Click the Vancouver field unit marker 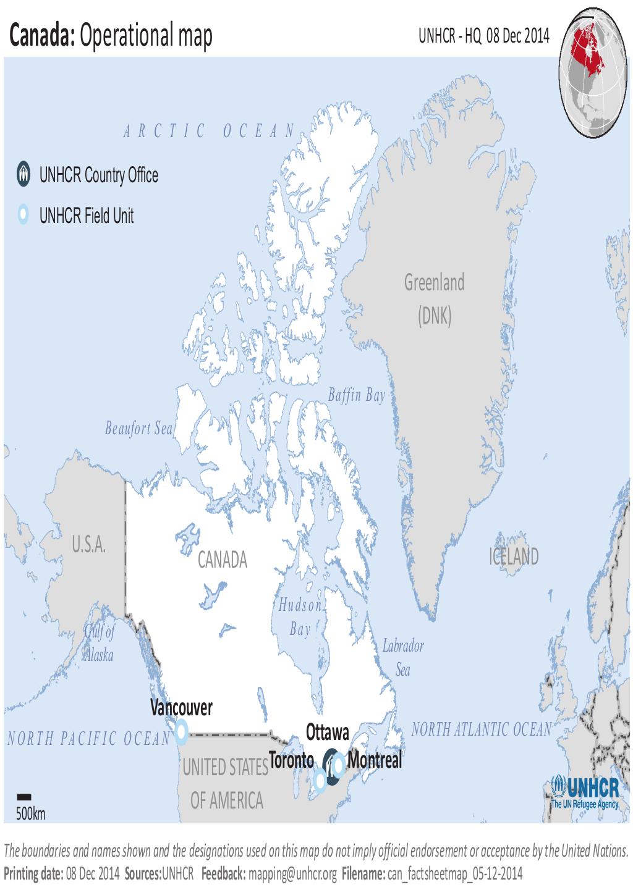point(181,731)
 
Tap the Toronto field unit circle point(320,781)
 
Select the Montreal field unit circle point(339,765)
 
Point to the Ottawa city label point(327,733)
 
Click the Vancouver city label point(181,708)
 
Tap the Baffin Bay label point(356,395)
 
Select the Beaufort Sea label point(138,428)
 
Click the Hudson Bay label point(300,617)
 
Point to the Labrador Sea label point(403,658)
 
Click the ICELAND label point(514,557)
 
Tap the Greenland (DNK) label point(434,300)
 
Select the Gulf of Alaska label point(100,643)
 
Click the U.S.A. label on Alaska point(89,545)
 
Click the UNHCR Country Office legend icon point(23,175)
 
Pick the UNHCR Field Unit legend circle point(23,215)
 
